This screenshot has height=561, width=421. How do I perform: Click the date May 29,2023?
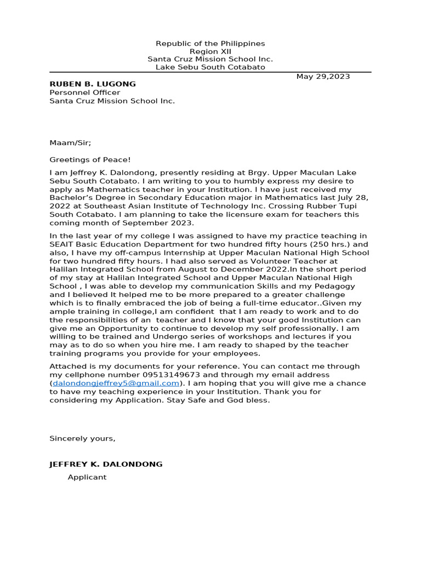click(323, 76)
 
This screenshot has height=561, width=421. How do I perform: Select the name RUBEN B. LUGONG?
click(93, 84)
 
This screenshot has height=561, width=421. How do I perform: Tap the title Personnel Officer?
click(85, 93)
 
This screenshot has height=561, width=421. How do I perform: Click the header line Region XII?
click(210, 51)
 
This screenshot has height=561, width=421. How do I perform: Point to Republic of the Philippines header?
click(210, 43)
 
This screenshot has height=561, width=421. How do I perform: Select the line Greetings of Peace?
click(90, 159)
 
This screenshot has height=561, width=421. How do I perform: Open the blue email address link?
click(116, 383)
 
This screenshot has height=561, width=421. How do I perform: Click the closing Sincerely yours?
click(82, 438)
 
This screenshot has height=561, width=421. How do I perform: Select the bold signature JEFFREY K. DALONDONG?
click(106, 464)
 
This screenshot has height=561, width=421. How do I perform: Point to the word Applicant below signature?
click(87, 477)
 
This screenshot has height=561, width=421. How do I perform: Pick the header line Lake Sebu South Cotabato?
click(210, 67)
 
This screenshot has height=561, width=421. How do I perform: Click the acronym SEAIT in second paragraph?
click(62, 244)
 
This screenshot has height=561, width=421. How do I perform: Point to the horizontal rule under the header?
click(210, 72)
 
